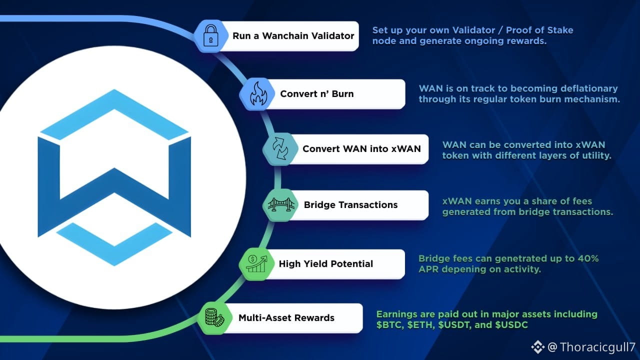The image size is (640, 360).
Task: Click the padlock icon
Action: (x=211, y=35)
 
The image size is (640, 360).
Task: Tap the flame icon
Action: (x=258, y=93)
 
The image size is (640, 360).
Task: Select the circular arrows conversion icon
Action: (x=280, y=148)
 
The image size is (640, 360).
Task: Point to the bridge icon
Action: (x=281, y=204)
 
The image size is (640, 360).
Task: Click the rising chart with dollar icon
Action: (x=256, y=263)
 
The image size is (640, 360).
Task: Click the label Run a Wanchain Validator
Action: (x=293, y=35)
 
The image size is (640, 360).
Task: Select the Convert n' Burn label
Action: (x=317, y=93)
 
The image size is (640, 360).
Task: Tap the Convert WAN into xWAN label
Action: (x=361, y=148)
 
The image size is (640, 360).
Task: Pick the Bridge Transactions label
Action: (x=350, y=204)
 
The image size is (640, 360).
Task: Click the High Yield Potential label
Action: (x=325, y=263)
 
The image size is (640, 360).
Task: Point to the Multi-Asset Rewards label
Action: (x=286, y=317)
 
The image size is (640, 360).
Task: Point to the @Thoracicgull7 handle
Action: (x=591, y=347)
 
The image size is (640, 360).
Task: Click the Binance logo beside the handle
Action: (x=538, y=347)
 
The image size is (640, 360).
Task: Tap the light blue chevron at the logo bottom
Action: (x=114, y=244)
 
